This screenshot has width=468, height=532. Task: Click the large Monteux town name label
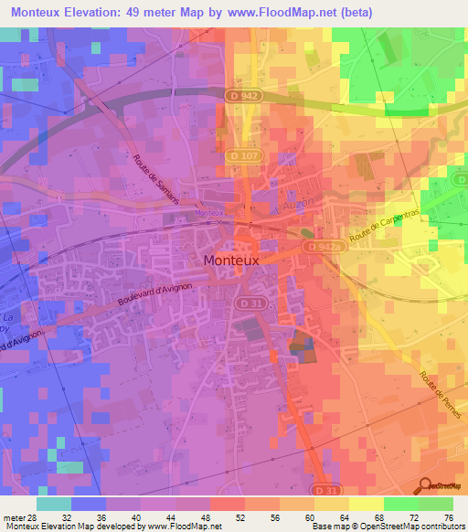click(231, 260)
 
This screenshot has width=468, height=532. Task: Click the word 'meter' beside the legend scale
click(12, 516)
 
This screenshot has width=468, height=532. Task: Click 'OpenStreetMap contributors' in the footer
click(416, 527)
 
